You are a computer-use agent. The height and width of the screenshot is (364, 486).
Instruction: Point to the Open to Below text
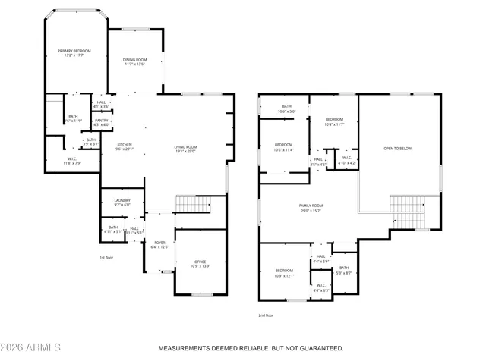[x=398, y=149]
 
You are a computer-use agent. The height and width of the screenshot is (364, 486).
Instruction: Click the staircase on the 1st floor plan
[x=192, y=204]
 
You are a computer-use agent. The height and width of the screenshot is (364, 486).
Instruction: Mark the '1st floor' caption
[x=106, y=258]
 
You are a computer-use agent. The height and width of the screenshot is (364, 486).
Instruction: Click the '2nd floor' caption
[x=265, y=315]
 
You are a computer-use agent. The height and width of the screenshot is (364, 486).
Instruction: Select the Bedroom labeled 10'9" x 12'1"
[x=283, y=273]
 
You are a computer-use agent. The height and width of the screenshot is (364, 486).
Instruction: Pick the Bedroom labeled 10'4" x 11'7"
[x=334, y=121]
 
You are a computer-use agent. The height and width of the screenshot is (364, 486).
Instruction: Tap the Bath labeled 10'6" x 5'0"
[x=287, y=108]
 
